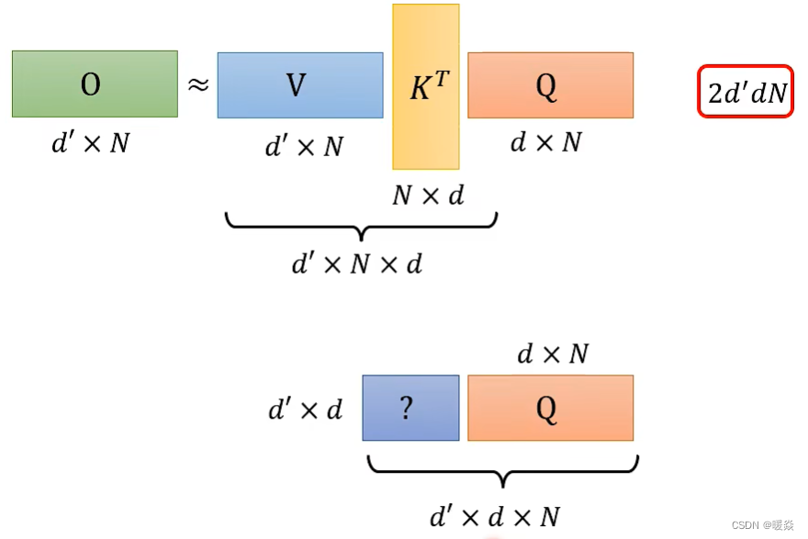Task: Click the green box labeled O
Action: tap(95, 84)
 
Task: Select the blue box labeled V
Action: tap(299, 85)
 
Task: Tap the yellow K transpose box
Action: tap(425, 87)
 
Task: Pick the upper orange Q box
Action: tap(550, 85)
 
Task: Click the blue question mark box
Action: tap(410, 409)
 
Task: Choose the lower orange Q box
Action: tap(550, 409)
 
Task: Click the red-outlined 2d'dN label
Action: tap(745, 91)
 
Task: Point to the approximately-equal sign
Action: tap(198, 85)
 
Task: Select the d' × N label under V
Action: tap(304, 145)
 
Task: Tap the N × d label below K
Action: tap(428, 195)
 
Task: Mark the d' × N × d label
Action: tap(357, 264)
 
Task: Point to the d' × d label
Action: tap(305, 410)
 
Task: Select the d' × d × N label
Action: tap(495, 515)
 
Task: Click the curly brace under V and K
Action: tap(361, 226)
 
